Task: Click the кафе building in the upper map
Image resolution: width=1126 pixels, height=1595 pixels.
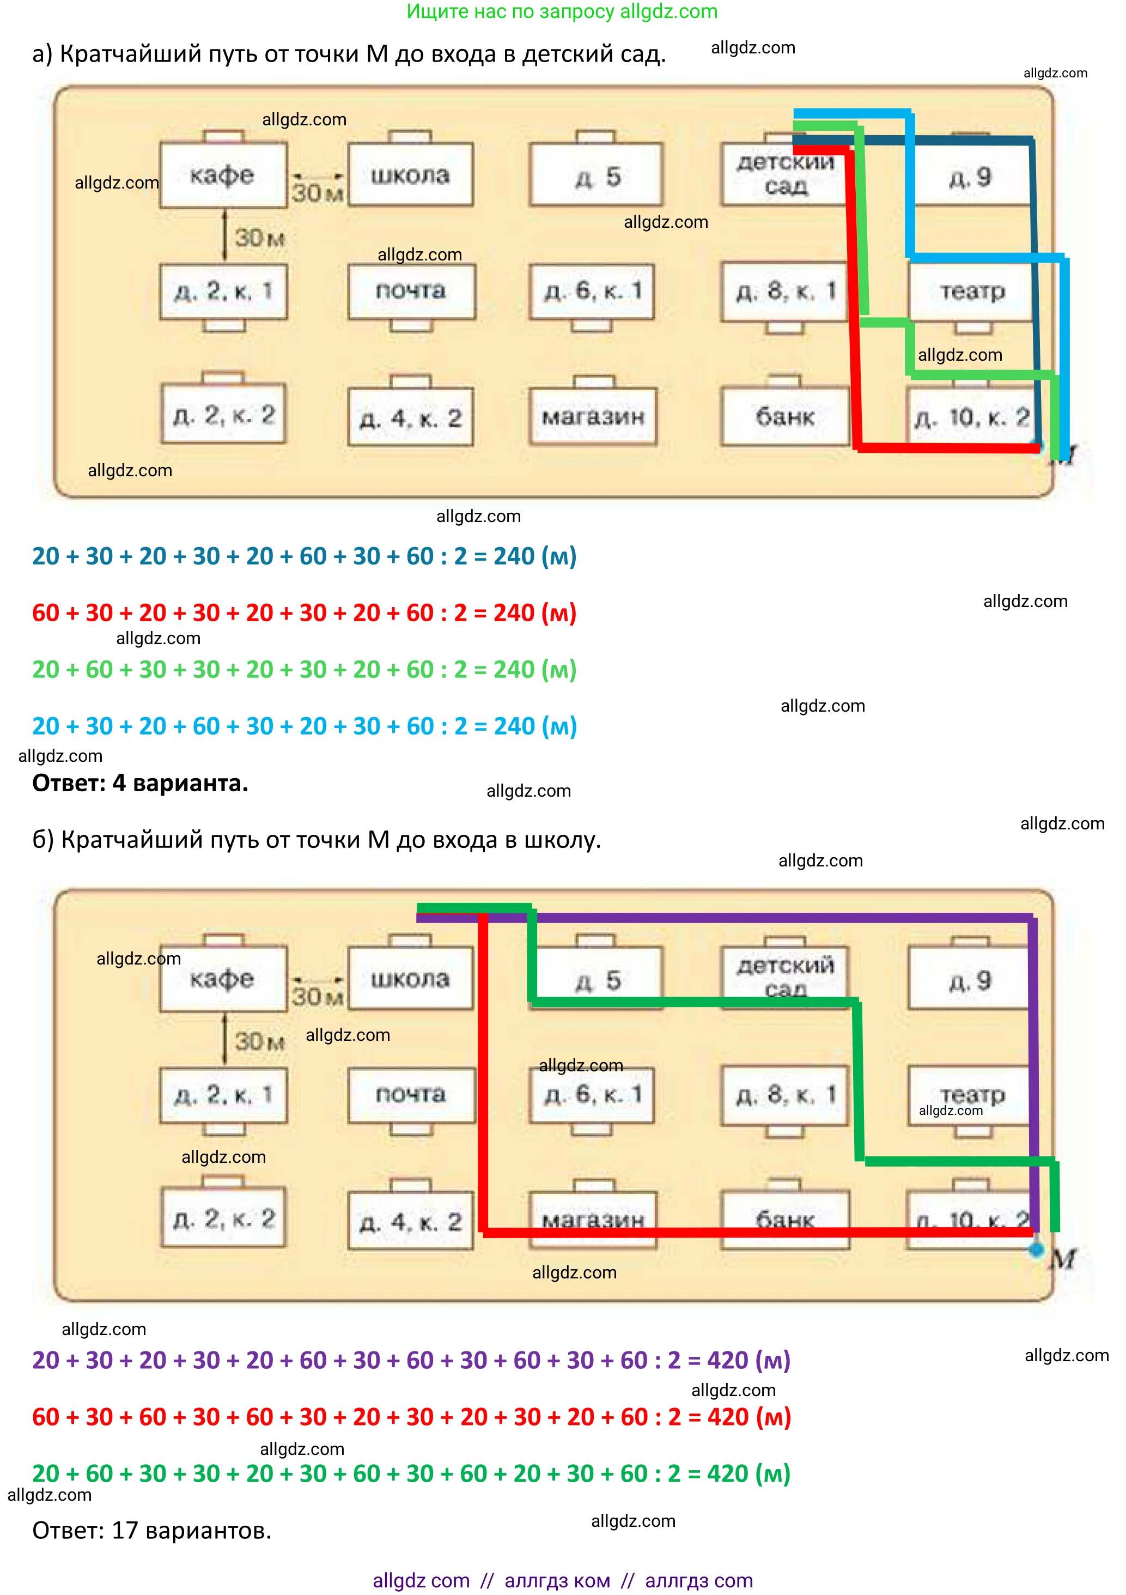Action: click(x=223, y=175)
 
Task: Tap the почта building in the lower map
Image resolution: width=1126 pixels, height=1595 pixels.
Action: click(x=411, y=1094)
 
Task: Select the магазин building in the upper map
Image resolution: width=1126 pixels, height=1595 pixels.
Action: click(x=593, y=416)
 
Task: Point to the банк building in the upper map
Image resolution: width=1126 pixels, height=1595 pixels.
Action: click(x=784, y=416)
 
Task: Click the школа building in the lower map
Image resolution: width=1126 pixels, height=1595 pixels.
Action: click(x=410, y=978)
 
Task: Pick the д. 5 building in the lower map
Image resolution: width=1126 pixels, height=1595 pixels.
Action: click(x=596, y=980)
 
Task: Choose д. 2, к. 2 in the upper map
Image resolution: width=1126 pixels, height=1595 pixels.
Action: click(x=224, y=415)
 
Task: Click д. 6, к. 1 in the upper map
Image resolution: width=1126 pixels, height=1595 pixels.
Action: click(x=592, y=292)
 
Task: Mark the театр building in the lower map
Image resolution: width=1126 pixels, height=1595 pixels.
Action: click(x=971, y=1094)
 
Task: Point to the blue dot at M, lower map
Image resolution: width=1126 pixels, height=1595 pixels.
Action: click(x=1036, y=1250)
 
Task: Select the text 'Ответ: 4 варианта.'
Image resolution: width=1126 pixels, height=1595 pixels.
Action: click(x=141, y=783)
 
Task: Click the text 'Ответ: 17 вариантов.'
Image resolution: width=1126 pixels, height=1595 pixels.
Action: click(x=151, y=1530)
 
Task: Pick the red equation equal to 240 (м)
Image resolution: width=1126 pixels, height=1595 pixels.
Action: click(x=305, y=612)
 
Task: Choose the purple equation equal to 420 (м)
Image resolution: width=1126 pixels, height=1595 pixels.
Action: click(x=411, y=1360)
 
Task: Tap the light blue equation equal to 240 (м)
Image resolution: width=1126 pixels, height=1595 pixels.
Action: click(x=305, y=726)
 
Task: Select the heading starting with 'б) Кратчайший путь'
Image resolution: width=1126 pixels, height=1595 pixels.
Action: click(x=317, y=840)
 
